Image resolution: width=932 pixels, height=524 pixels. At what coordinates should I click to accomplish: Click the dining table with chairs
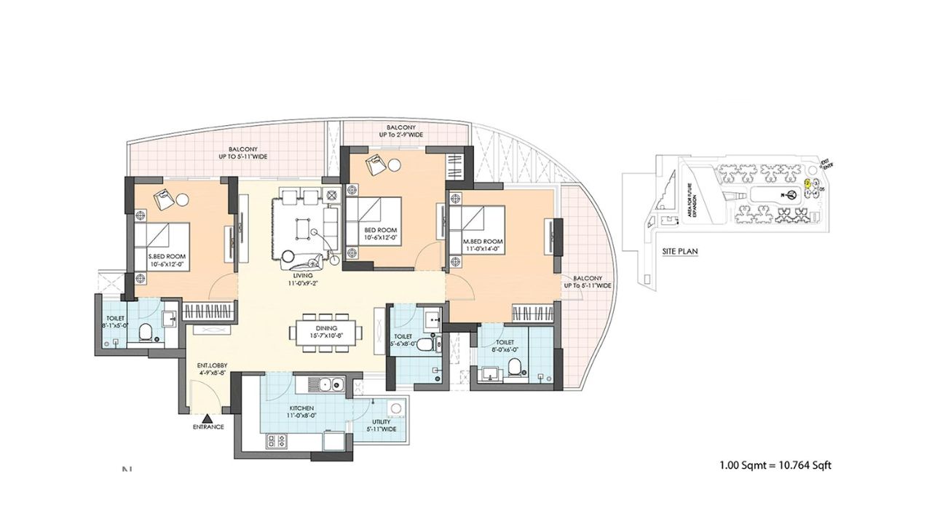(x=326, y=333)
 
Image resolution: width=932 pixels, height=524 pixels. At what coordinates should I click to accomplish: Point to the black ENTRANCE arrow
(x=208, y=418)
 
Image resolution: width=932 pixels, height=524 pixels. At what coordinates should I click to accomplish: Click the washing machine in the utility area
(x=396, y=409)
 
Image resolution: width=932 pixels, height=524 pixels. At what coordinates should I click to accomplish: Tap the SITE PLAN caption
(x=680, y=251)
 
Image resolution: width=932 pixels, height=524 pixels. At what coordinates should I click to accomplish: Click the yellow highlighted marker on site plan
(x=807, y=183)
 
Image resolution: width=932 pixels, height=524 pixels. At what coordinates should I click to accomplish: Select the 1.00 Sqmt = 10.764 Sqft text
(x=775, y=464)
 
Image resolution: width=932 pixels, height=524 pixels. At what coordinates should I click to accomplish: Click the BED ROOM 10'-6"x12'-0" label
(x=382, y=233)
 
